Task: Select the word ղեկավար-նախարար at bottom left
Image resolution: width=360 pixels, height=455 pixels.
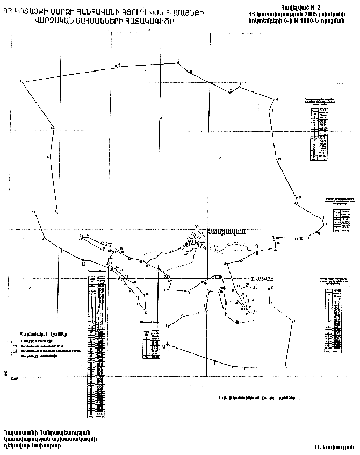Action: (x=32, y=446)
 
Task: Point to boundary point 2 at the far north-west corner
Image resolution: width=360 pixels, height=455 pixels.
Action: (x=20, y=82)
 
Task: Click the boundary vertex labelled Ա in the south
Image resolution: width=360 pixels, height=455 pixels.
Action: (x=167, y=344)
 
